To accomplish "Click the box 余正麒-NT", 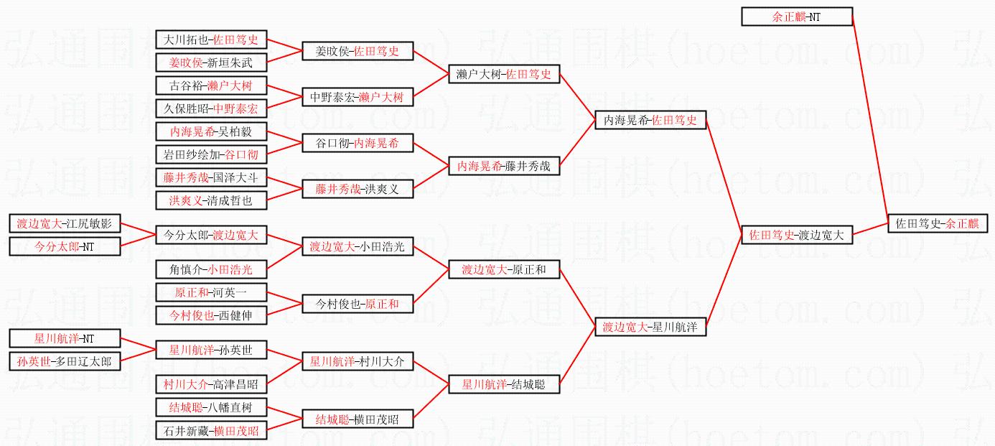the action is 797,17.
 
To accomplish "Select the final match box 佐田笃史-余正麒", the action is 938,223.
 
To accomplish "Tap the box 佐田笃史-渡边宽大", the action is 797,235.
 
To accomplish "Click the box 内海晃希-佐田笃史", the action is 650,121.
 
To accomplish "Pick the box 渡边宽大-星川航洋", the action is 650,327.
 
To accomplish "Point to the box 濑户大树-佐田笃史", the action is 504,74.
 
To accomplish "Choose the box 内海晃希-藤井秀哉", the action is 504,166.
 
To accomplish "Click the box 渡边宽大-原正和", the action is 504,270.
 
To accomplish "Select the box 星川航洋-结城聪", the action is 504,384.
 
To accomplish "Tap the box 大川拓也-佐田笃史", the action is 211,40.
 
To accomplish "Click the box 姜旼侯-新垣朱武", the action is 211,63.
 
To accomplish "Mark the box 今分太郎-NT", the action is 65,246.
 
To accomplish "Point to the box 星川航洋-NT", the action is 65,338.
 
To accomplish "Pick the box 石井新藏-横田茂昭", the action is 211,431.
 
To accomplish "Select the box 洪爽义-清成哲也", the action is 211,200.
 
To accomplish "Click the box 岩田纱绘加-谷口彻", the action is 211,154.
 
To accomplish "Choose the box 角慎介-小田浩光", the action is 211,269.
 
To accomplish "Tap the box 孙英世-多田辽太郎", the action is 65,361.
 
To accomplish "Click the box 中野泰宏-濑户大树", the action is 358,97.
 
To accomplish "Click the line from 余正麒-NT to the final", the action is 870,115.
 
